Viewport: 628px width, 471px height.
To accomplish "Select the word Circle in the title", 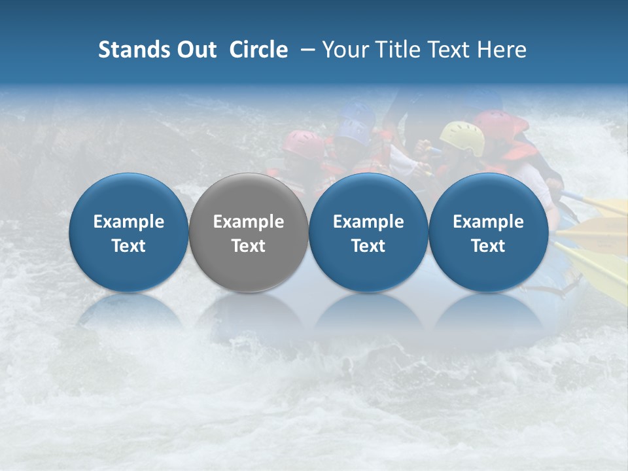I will pyautogui.click(x=258, y=50).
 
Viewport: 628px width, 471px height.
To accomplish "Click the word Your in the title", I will pyautogui.click(x=343, y=50).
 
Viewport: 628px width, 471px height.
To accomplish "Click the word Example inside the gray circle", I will pyautogui.click(x=249, y=222).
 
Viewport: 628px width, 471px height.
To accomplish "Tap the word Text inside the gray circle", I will pyautogui.click(x=249, y=246).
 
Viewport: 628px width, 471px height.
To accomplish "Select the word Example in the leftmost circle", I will pyautogui.click(x=129, y=222).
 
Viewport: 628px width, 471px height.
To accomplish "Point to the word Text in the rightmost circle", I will pyautogui.click(x=489, y=246).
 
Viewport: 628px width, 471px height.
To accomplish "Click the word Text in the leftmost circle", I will pyautogui.click(x=129, y=246).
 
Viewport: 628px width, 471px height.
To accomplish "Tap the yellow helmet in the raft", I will pyautogui.click(x=462, y=137).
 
